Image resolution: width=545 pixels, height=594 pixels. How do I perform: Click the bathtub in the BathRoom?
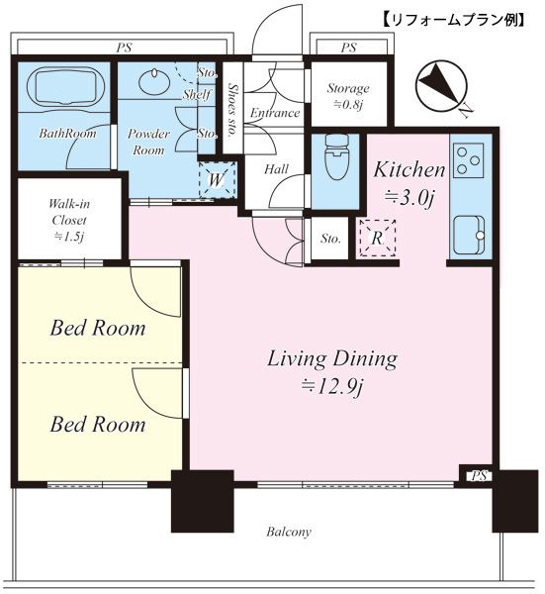(x=64, y=86)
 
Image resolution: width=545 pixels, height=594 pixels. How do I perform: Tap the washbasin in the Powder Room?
(x=153, y=81)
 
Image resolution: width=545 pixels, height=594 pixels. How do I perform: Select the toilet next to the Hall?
(x=336, y=156)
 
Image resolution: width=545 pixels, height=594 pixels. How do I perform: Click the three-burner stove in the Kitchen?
(x=469, y=160)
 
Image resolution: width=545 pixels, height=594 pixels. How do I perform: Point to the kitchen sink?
(x=469, y=235)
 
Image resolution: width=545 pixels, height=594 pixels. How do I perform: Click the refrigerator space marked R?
(x=377, y=239)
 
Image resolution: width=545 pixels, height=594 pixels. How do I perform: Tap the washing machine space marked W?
(x=218, y=179)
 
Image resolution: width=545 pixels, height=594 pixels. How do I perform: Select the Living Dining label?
(x=332, y=358)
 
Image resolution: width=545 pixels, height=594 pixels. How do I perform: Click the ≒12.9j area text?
(x=332, y=387)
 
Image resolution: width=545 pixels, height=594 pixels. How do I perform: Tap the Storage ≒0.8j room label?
(x=348, y=96)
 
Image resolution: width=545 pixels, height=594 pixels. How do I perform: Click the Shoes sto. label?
(x=232, y=110)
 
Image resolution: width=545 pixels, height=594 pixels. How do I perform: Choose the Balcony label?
(x=289, y=532)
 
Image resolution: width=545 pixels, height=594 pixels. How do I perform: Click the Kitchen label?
(x=409, y=169)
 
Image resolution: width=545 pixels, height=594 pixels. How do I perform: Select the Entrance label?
(x=275, y=113)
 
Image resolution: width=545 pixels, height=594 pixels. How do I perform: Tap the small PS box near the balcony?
(x=479, y=476)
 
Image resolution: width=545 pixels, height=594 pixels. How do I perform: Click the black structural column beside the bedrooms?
(x=202, y=501)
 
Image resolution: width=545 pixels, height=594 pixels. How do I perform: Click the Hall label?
(x=276, y=169)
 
